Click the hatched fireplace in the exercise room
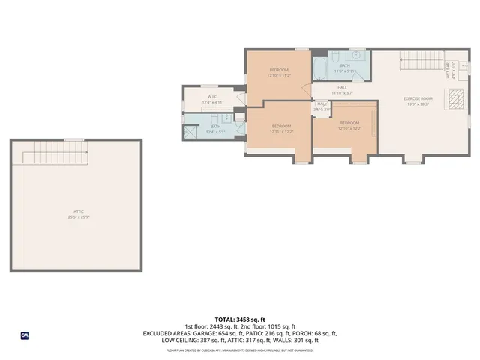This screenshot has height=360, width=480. click(454, 97)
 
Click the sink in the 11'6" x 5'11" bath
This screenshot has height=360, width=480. click(355, 55)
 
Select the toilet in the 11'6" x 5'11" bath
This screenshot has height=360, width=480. click(336, 56)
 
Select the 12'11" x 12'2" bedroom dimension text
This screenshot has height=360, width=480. click(281, 131)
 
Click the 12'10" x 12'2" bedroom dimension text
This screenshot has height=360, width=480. click(349, 128)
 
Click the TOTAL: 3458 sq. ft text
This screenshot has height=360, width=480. click(240, 320)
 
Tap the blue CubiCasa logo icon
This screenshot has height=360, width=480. click(25, 334)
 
